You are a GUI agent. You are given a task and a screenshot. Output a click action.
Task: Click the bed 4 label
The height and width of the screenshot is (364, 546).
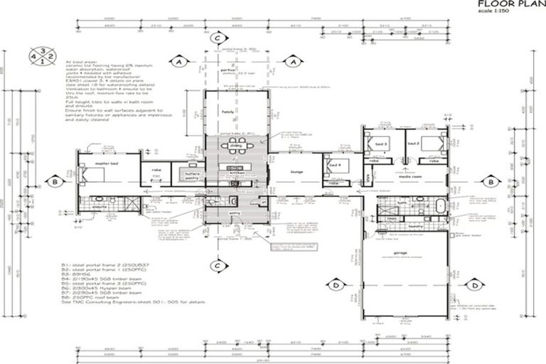pyautogui.click(x=334, y=166)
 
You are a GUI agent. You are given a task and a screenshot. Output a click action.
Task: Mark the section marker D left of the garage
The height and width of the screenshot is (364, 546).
pyautogui.click(x=335, y=285)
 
